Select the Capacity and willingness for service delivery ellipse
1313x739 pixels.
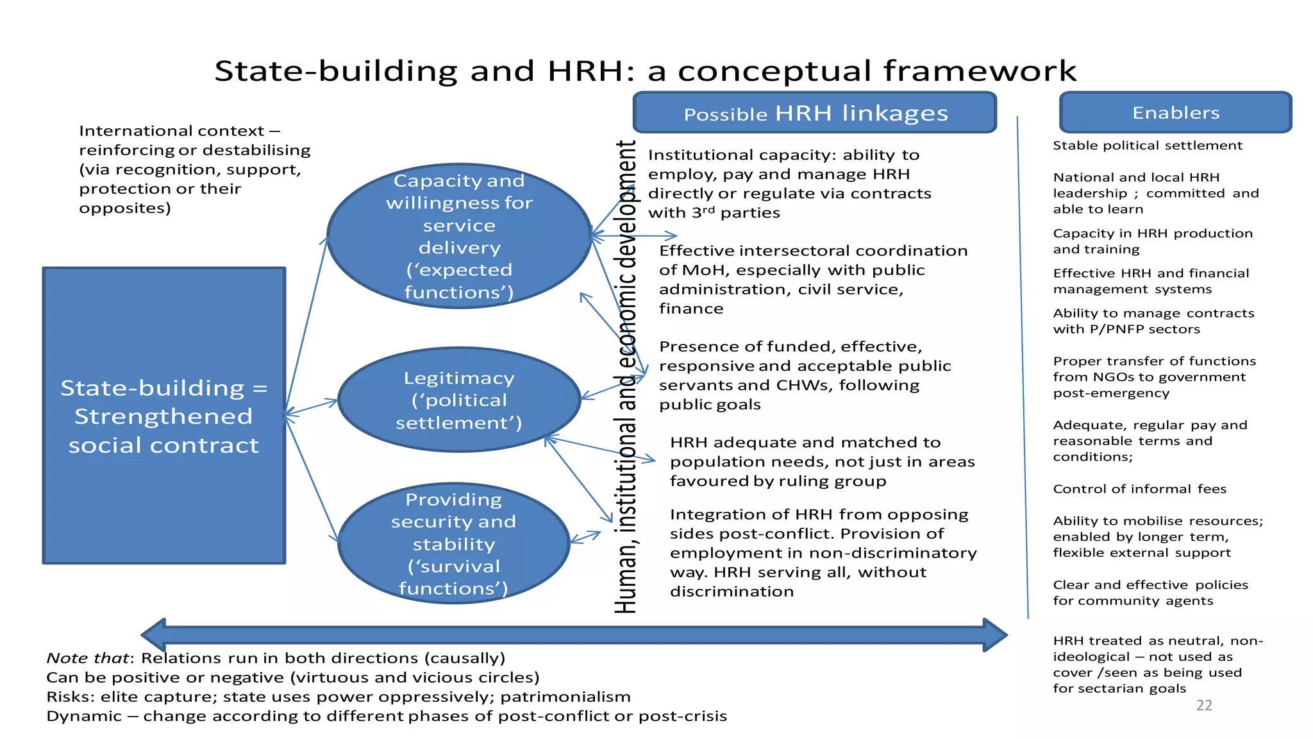[459, 236]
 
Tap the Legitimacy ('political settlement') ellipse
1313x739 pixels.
[459, 400]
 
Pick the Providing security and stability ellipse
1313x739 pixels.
[453, 543]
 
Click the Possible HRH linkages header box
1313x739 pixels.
[814, 113]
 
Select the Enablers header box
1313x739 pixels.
[1175, 113]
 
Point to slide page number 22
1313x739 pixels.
[1204, 706]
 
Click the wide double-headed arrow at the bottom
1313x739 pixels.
[574, 635]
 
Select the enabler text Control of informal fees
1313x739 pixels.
[1139, 489]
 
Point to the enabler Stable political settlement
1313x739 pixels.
[1147, 146]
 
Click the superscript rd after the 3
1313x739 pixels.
[708, 209]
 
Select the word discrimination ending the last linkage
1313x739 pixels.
[732, 591]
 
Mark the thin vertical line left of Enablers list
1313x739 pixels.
[1023, 366]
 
